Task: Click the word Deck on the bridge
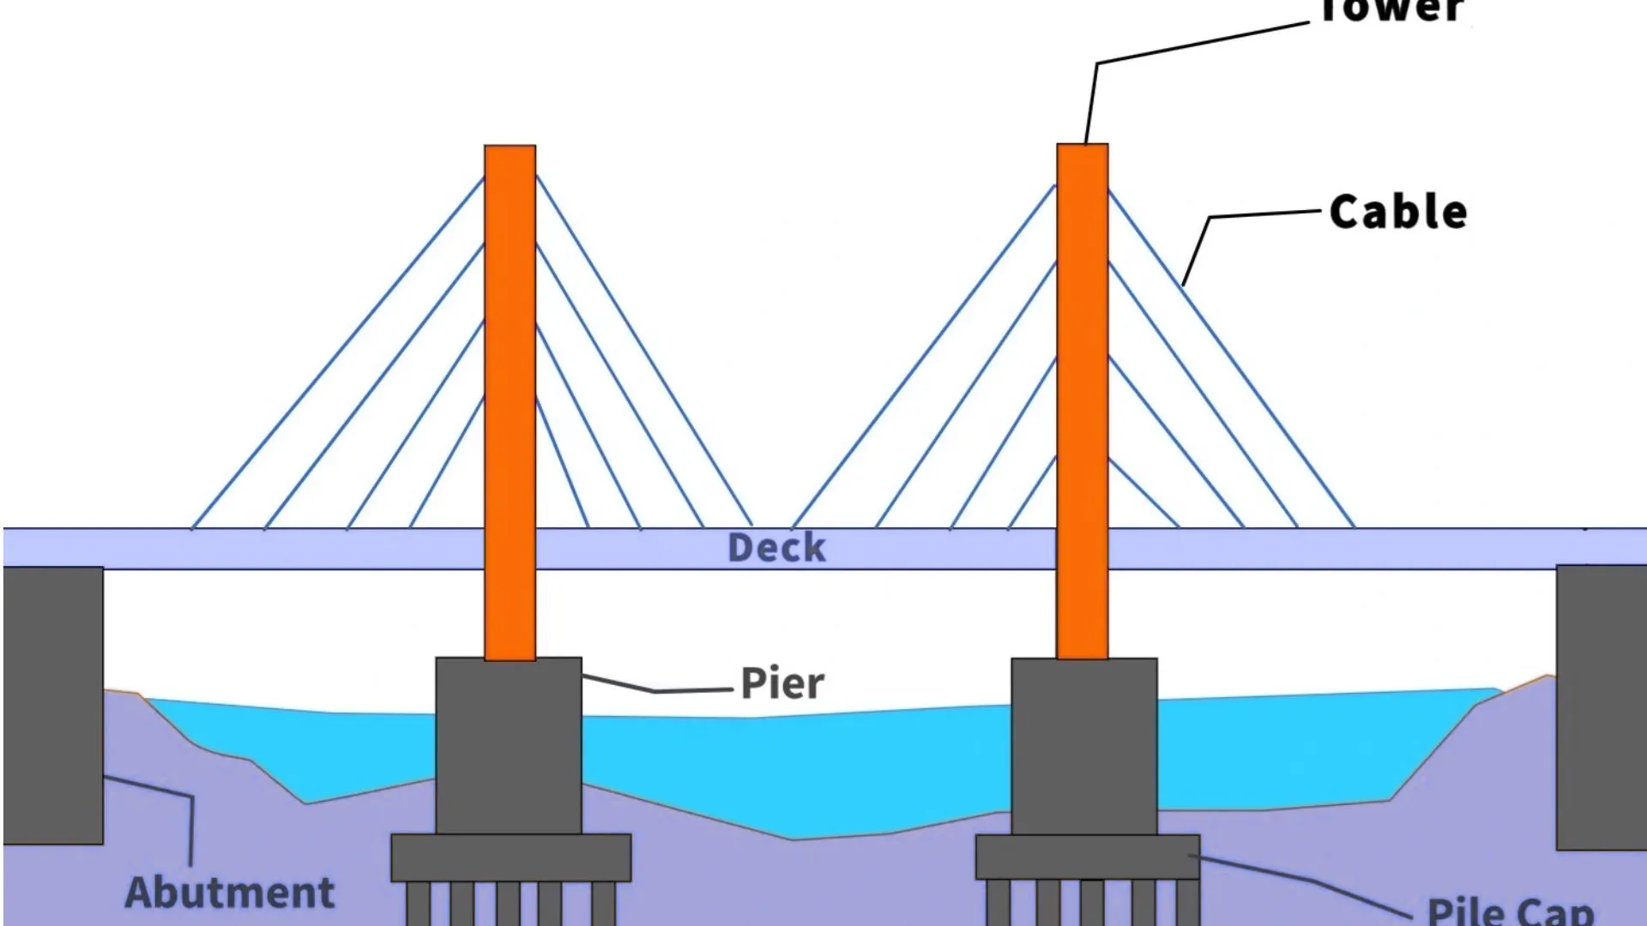point(776,548)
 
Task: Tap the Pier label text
point(782,683)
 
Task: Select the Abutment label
point(230,893)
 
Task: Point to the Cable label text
point(1398,212)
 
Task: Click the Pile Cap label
point(1510,911)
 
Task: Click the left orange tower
point(510,386)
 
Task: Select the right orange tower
point(1082,386)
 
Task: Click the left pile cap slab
point(511,857)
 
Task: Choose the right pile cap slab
point(1088,857)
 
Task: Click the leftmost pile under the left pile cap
point(419,905)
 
